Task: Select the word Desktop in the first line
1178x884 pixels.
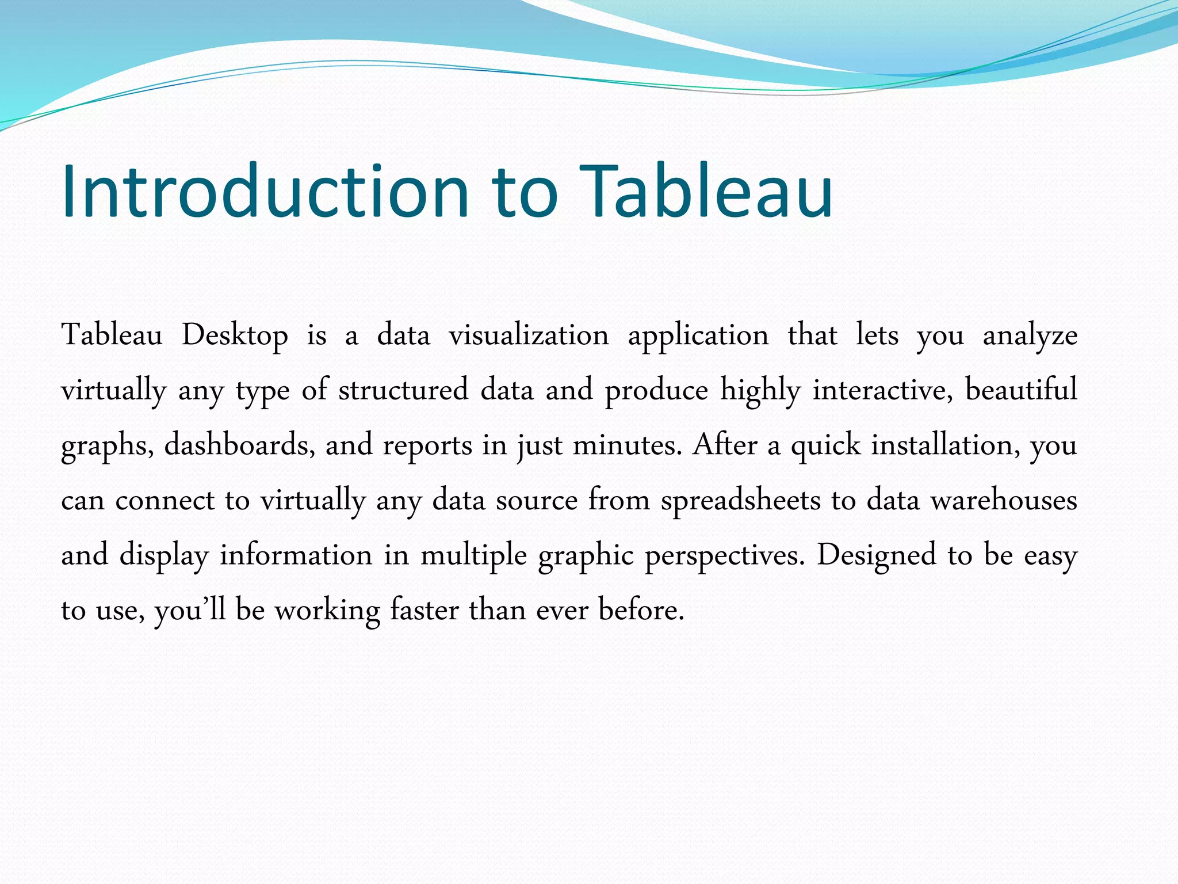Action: click(235, 336)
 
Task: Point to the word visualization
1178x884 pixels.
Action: click(529, 336)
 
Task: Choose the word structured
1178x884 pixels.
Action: click(403, 390)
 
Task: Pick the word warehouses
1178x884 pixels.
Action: click(1004, 500)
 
